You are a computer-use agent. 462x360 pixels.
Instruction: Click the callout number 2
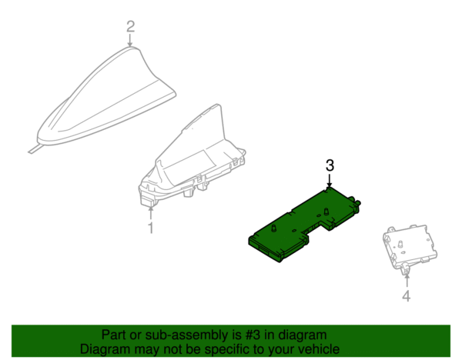pyautogui.click(x=131, y=26)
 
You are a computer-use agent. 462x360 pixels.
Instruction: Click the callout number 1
pyautogui.click(x=151, y=228)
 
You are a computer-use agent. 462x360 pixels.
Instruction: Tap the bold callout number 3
pyautogui.click(x=330, y=165)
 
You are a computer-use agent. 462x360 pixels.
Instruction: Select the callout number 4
pyautogui.click(x=407, y=296)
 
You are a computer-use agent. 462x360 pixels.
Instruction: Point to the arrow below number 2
pyautogui.click(x=130, y=40)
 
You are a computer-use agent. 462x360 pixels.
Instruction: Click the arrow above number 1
pyautogui.click(x=151, y=213)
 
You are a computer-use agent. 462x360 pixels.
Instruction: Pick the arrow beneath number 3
pyautogui.click(x=330, y=180)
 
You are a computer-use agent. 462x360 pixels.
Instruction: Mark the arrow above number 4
pyautogui.click(x=407, y=280)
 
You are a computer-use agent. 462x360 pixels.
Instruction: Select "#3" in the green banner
pyautogui.click(x=253, y=335)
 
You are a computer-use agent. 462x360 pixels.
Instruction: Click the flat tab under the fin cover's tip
pyautogui.click(x=33, y=150)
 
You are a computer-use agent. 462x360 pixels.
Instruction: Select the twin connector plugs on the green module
pyautogui.click(x=355, y=202)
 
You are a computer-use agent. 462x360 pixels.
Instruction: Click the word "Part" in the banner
pyautogui.click(x=113, y=335)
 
